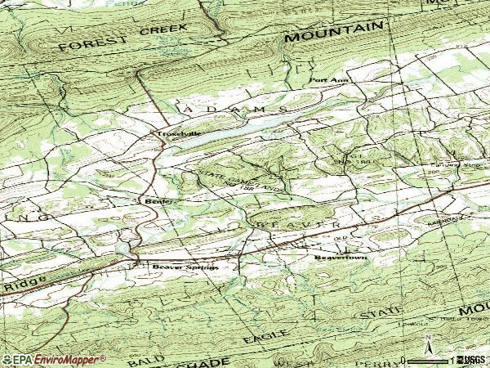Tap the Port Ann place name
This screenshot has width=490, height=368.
tap(328, 81)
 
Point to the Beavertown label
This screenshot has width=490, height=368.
tap(341, 258)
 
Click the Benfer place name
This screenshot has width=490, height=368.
tap(154, 200)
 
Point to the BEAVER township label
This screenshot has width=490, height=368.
tap(298, 223)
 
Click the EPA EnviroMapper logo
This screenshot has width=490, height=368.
tap(54, 360)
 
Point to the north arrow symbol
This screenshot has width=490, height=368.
tap(426, 343)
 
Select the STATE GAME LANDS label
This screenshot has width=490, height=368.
tap(243, 182)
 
